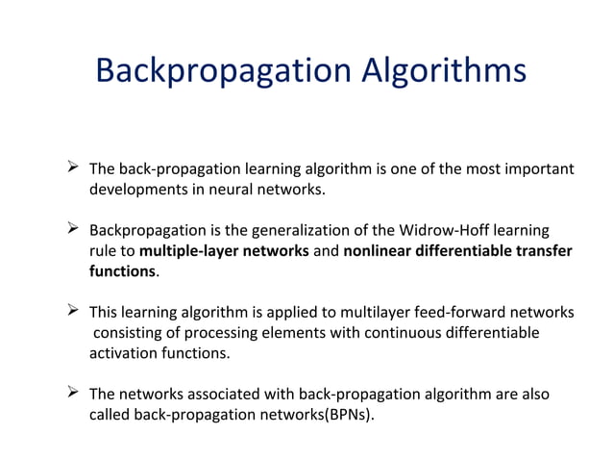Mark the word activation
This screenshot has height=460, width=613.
point(122,352)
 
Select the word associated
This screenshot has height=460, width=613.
point(224,394)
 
